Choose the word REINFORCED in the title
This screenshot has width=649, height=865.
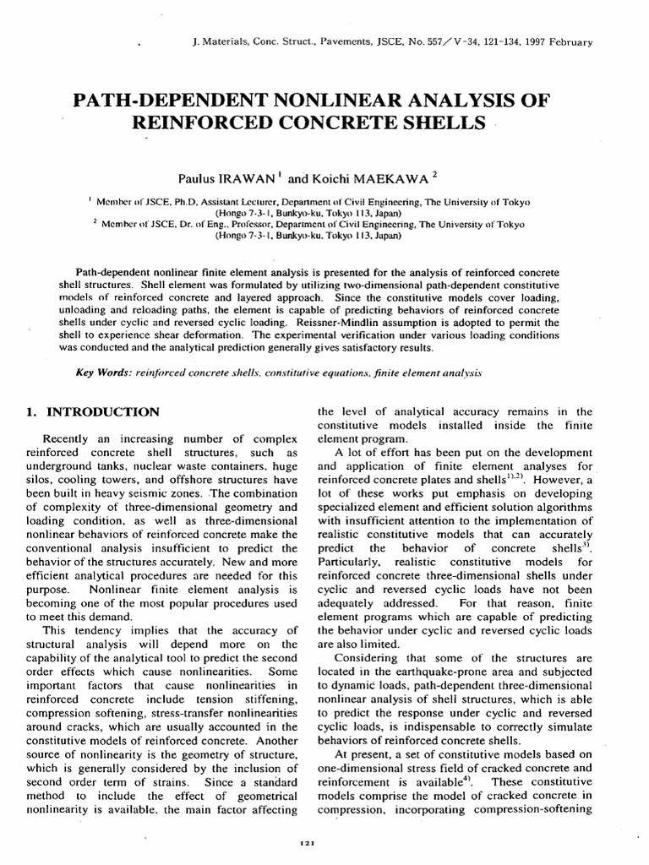(205, 123)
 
